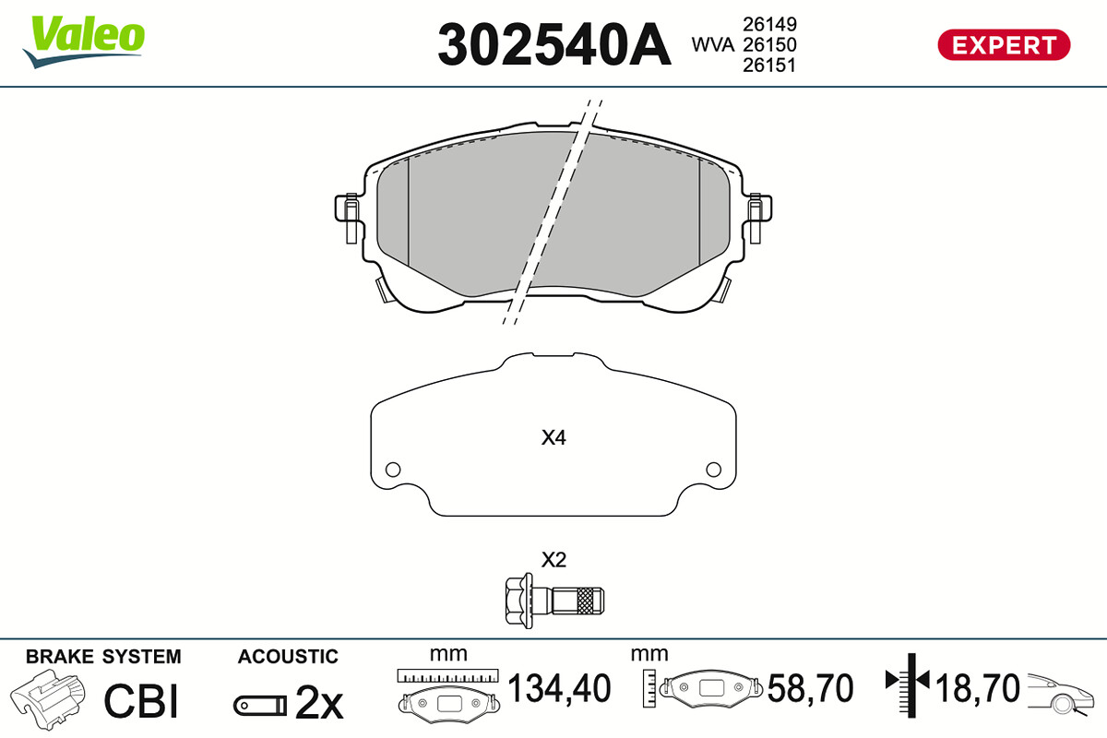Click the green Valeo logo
[x=84, y=42]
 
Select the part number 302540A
[x=554, y=44]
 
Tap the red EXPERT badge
[x=1004, y=45]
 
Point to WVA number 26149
[x=769, y=24]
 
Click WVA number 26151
[x=769, y=65]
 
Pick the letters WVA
[x=712, y=45]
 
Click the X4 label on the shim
[x=553, y=437]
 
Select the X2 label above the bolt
[x=553, y=560]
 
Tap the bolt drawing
[x=554, y=601]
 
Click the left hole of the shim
[x=393, y=470]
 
